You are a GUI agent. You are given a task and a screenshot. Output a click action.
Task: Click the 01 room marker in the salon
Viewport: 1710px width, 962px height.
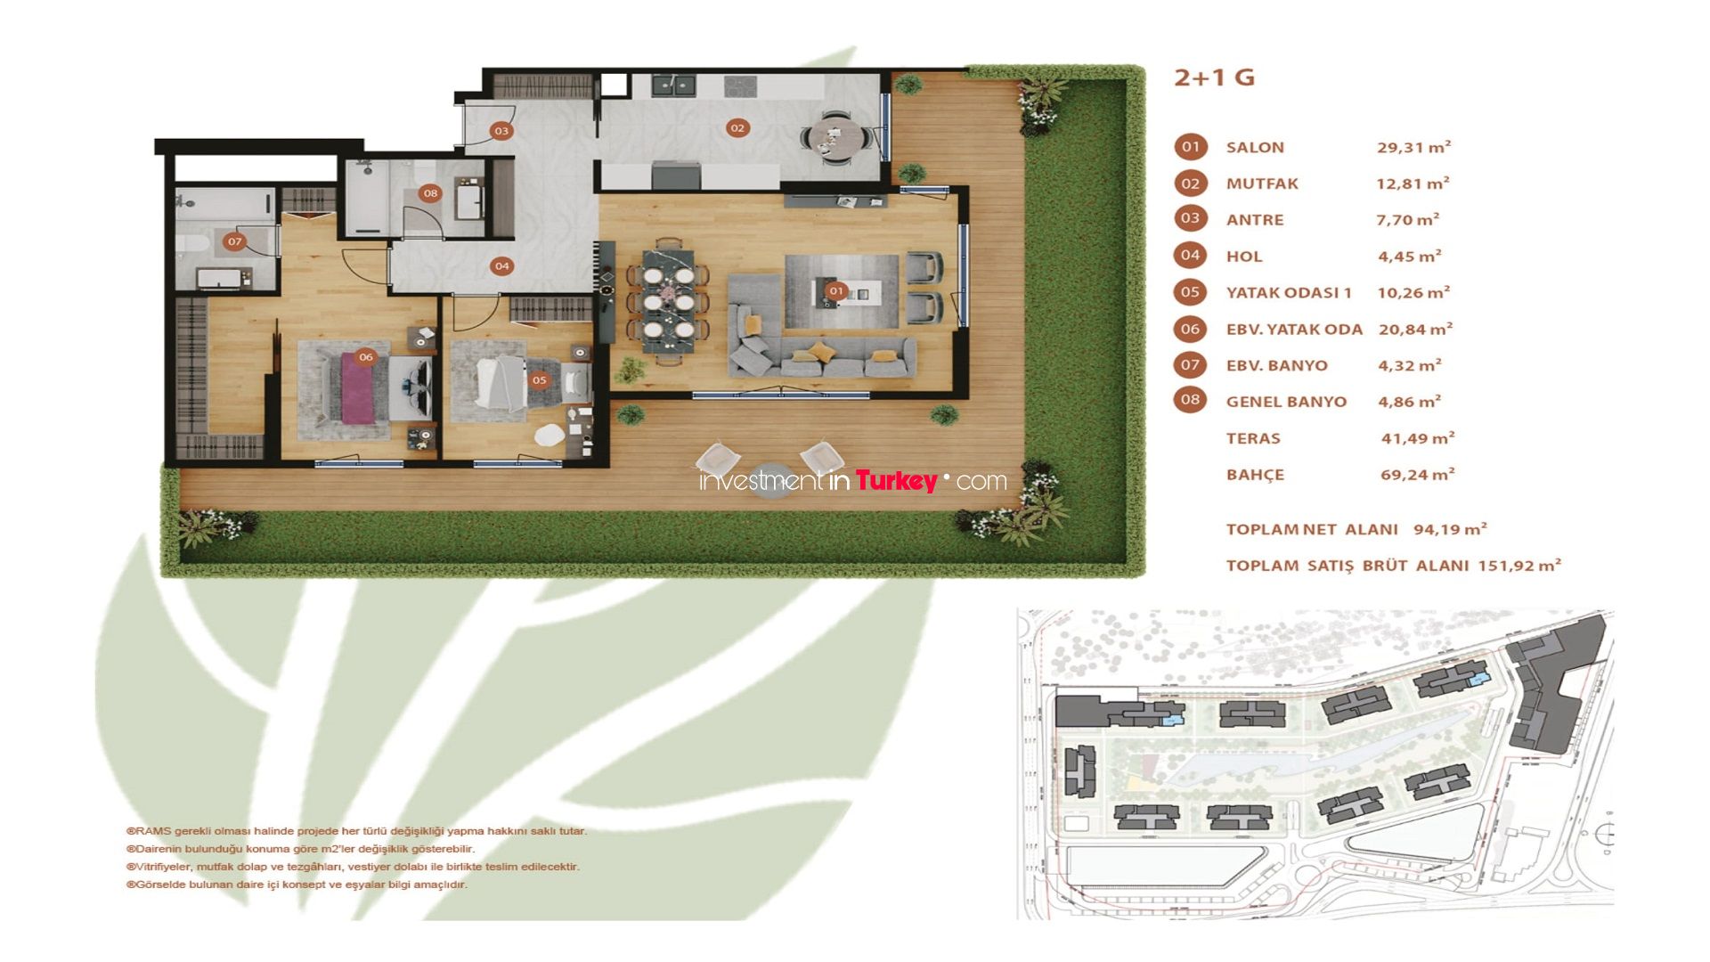pyautogui.click(x=835, y=290)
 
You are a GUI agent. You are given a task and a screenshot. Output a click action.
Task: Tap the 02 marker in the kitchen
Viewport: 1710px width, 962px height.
pyautogui.click(x=737, y=127)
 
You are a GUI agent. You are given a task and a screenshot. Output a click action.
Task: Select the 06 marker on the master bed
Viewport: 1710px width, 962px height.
pyautogui.click(x=366, y=356)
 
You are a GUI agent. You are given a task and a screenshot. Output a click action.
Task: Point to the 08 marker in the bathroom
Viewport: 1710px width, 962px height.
pyautogui.click(x=431, y=193)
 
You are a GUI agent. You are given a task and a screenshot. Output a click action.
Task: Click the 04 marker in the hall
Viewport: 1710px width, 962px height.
pyautogui.click(x=502, y=265)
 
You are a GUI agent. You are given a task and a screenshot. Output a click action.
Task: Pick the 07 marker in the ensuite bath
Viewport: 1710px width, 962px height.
pyautogui.click(x=234, y=241)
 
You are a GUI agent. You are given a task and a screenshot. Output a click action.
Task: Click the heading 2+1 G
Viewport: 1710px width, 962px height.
pyautogui.click(x=1214, y=77)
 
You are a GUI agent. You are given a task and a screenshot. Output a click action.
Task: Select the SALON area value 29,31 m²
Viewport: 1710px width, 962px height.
pyautogui.click(x=1414, y=147)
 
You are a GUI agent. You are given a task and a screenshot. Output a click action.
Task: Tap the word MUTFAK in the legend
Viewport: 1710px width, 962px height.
pyautogui.click(x=1262, y=183)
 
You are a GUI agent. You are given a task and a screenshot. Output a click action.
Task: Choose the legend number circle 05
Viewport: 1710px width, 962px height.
pyautogui.click(x=1191, y=291)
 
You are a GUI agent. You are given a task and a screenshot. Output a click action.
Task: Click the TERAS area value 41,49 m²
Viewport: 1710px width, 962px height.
pyautogui.click(x=1418, y=438)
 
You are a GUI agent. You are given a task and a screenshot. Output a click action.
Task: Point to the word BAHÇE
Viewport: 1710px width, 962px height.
pyautogui.click(x=1255, y=475)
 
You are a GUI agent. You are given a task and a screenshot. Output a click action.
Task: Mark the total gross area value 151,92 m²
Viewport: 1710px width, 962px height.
pyautogui.click(x=1519, y=565)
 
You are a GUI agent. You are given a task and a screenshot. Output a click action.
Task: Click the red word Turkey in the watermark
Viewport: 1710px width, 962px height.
pyautogui.click(x=896, y=481)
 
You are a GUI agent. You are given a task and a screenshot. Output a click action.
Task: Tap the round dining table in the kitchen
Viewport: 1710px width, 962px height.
pyautogui.click(x=836, y=138)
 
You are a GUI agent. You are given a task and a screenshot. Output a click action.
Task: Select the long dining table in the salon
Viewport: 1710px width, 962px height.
pyautogui.click(x=669, y=302)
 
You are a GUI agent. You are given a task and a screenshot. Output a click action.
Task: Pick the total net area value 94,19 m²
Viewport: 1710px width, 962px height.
pyautogui.click(x=1450, y=529)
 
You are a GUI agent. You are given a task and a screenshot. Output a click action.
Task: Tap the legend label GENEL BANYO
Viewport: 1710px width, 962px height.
pyautogui.click(x=1286, y=402)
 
